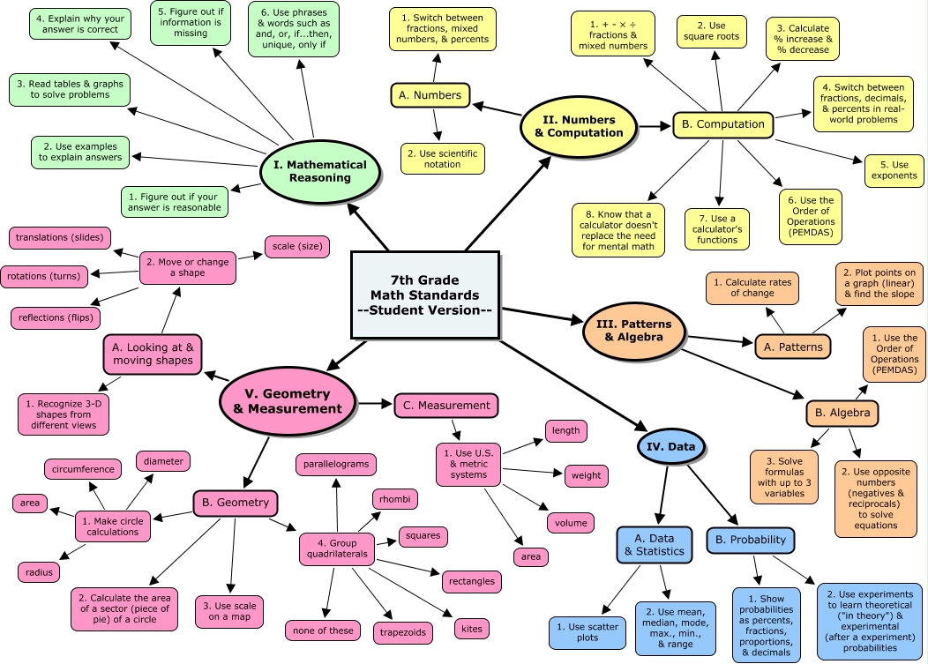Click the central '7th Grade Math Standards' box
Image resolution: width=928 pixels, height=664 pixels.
tap(425, 295)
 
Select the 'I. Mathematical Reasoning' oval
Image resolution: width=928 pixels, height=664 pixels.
tap(319, 171)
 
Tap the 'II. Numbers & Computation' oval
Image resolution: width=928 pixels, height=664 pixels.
tap(578, 126)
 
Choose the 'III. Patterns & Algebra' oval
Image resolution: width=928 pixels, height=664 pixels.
tap(633, 330)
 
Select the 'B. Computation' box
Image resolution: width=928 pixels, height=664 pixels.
tap(722, 124)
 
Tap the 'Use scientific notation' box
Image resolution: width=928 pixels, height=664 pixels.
tap(441, 159)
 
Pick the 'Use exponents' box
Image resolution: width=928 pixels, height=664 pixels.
tap(894, 170)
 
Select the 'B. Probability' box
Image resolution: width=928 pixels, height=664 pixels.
tap(751, 539)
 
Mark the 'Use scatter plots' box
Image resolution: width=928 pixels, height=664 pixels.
tap(583, 631)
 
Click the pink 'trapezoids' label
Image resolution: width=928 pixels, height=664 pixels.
tap(402, 631)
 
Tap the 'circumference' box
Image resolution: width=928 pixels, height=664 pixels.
tap(83, 469)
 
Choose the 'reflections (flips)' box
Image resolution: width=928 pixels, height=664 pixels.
tap(55, 317)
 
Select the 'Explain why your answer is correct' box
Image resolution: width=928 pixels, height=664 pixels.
tap(79, 23)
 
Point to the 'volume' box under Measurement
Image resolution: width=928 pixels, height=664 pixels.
tap(571, 522)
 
